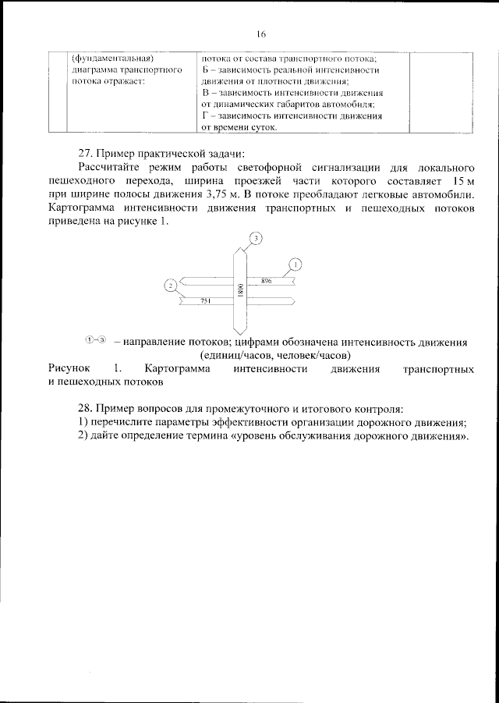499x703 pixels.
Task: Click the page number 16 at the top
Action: [x=260, y=34]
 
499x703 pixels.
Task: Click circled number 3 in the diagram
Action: [x=256, y=236]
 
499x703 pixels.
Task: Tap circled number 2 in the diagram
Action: [x=170, y=286]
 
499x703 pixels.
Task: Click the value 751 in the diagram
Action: [x=207, y=300]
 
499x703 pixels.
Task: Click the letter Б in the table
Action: [x=205, y=70]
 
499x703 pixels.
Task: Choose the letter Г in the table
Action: [x=205, y=115]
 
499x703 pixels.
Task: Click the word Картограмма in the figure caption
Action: [x=178, y=369]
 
